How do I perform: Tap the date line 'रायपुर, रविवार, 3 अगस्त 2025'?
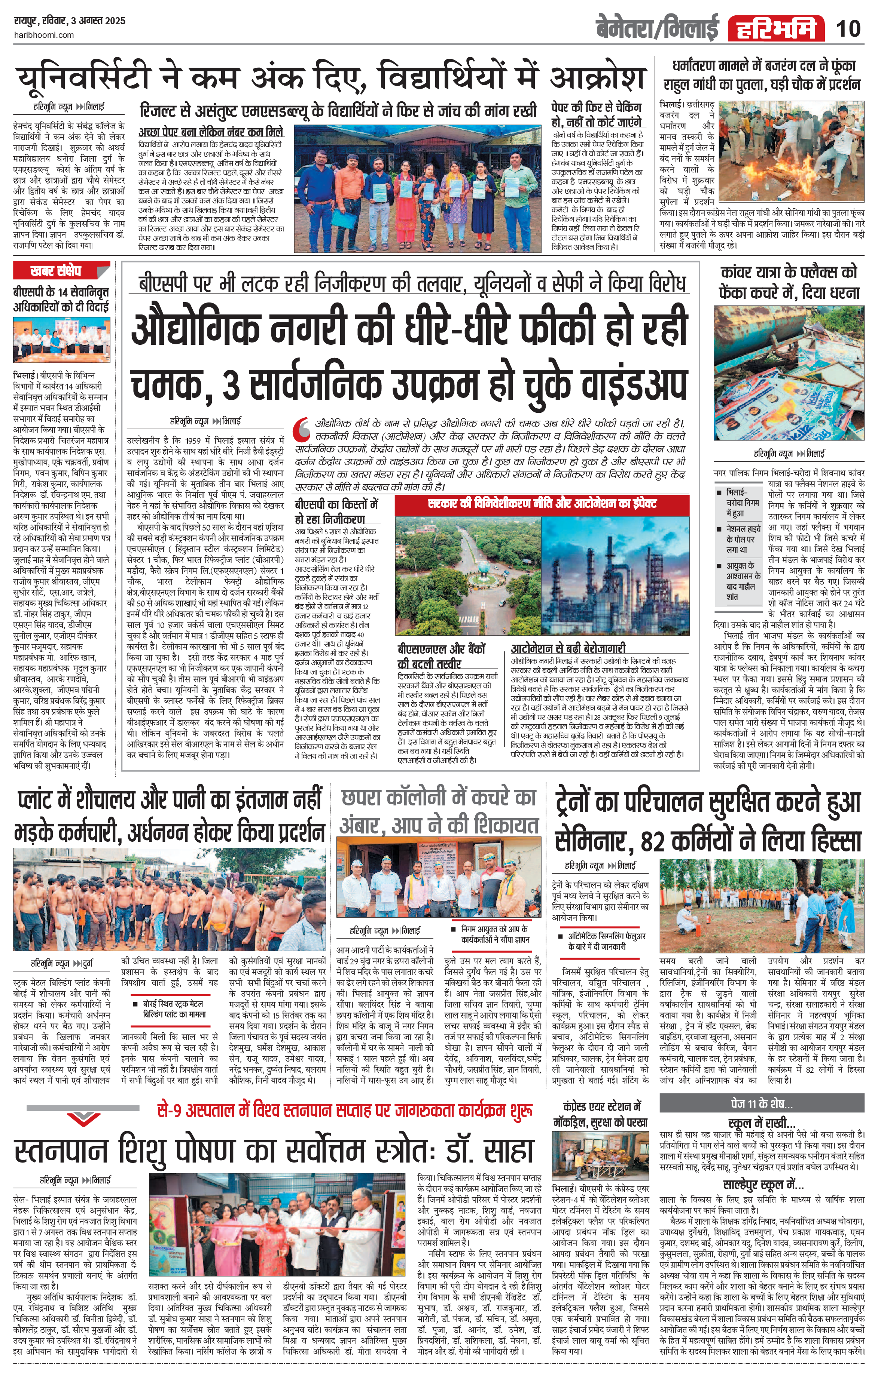tap(69, 21)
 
